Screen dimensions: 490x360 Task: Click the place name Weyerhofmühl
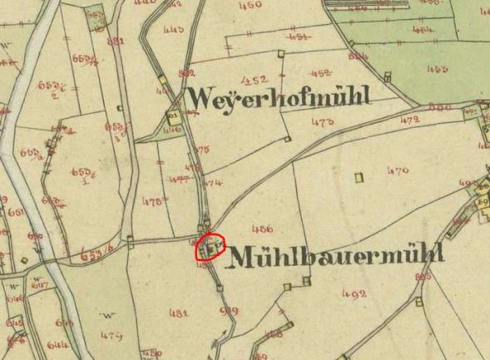pos(278,98)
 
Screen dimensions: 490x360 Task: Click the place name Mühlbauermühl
pos(334,255)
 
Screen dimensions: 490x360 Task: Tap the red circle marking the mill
pos(211,247)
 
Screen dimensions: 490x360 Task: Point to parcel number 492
pos(354,293)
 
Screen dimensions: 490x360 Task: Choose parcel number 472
pos(409,120)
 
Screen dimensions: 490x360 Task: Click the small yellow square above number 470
pos(359,177)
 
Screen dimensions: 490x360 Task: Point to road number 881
pos(116,41)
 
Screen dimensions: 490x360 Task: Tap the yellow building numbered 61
pos(174,116)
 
